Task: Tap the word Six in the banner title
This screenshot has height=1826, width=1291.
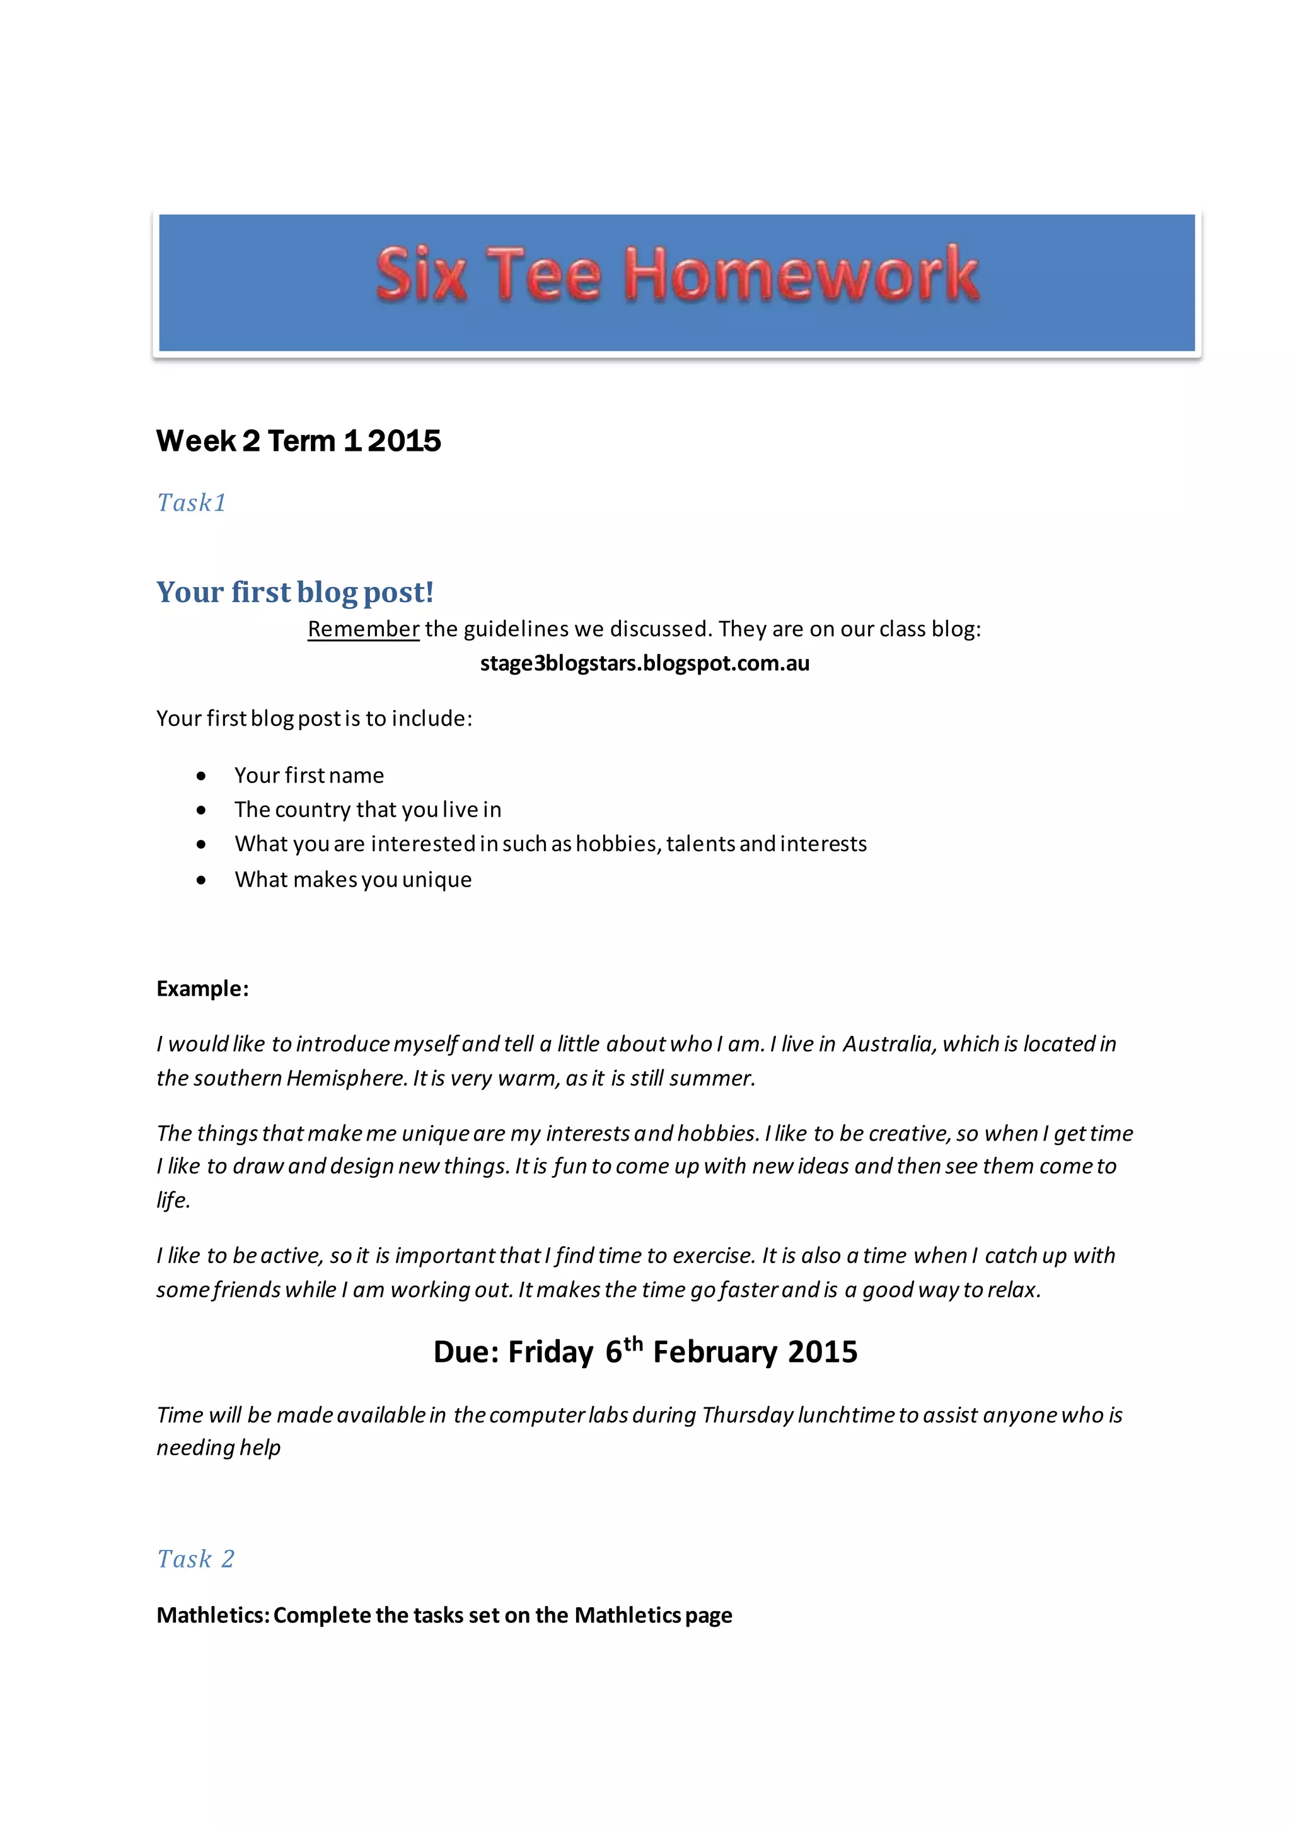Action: coord(420,275)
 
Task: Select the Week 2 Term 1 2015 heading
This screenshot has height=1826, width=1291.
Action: coord(298,441)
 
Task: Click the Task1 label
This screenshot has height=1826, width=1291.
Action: coord(192,503)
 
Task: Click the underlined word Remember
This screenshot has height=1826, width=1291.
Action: coord(363,629)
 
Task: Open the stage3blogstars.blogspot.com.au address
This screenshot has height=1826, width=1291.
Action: coord(645,663)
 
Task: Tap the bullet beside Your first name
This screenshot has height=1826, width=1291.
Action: coord(202,776)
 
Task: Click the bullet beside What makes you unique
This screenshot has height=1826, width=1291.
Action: coord(202,880)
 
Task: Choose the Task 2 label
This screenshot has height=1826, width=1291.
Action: coord(195,1559)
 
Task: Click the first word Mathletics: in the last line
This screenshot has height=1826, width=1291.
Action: coord(213,1615)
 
